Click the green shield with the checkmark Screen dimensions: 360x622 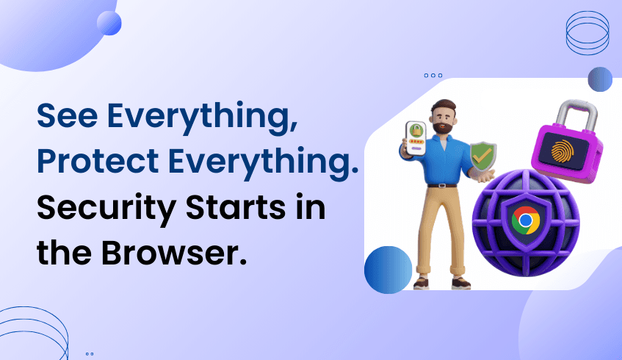pyautogui.click(x=483, y=156)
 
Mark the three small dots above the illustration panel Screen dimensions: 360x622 pyautogui.click(x=433, y=75)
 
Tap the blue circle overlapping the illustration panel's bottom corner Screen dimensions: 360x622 pyautogui.click(x=388, y=269)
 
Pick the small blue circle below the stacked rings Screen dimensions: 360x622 pyautogui.click(x=600, y=79)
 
